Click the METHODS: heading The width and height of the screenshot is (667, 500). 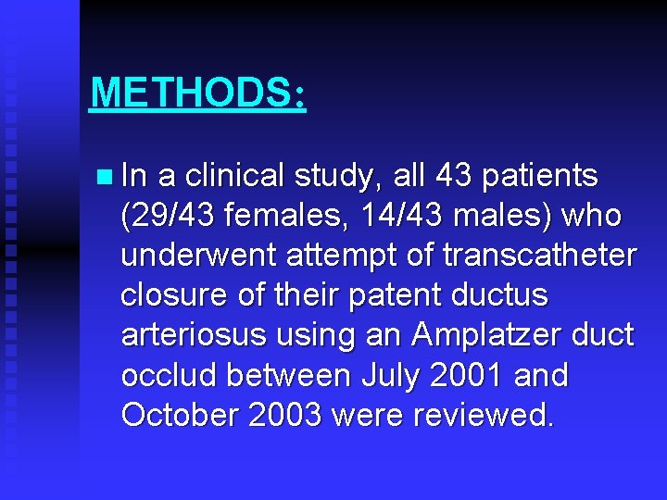tap(197, 94)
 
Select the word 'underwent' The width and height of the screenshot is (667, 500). tap(185, 256)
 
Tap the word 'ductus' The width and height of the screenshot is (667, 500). tap(502, 295)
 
